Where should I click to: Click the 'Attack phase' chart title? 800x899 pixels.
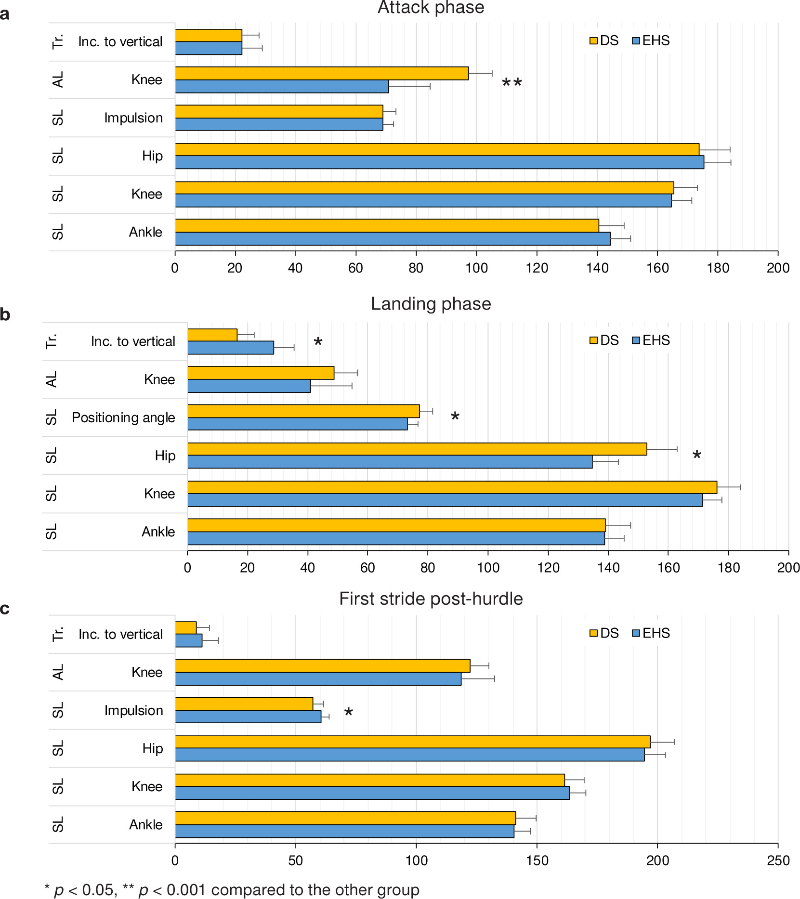[431, 8]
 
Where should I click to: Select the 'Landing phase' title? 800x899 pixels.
[431, 304]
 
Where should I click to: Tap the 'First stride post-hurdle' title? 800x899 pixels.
[431, 599]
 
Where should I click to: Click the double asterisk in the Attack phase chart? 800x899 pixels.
[511, 83]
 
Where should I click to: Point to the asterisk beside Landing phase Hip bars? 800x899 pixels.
[696, 456]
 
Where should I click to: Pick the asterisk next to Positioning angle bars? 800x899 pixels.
[455, 417]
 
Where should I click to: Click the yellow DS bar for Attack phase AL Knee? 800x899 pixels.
[322, 73]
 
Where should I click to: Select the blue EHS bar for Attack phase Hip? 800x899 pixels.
[439, 162]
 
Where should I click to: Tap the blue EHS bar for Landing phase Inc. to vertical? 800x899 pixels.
[230, 348]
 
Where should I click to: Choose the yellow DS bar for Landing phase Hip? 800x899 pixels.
[417, 449]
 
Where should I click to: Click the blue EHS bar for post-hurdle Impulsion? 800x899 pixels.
[248, 717]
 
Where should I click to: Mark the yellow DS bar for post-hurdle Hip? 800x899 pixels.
[412, 742]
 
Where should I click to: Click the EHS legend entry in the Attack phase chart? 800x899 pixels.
[651, 41]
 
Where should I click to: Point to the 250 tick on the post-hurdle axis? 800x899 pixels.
[778, 861]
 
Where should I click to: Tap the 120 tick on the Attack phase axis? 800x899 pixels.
[537, 268]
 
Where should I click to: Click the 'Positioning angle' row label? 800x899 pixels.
[123, 417]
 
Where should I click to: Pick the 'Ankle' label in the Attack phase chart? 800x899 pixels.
[145, 232]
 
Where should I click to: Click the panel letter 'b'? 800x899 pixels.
[5, 314]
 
